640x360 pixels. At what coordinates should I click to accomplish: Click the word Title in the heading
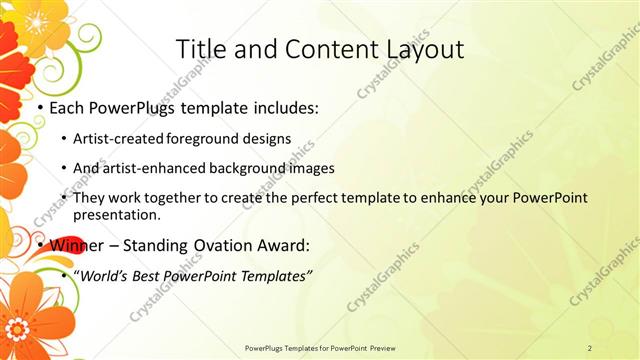coord(200,49)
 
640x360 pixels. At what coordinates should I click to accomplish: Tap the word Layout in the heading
coord(419,49)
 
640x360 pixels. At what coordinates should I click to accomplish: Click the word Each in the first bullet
coord(66,107)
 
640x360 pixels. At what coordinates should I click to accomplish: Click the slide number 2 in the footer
coord(591,347)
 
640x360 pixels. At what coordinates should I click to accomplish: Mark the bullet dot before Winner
coord(39,245)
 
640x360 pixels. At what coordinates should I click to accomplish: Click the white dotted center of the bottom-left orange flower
coord(18,326)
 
